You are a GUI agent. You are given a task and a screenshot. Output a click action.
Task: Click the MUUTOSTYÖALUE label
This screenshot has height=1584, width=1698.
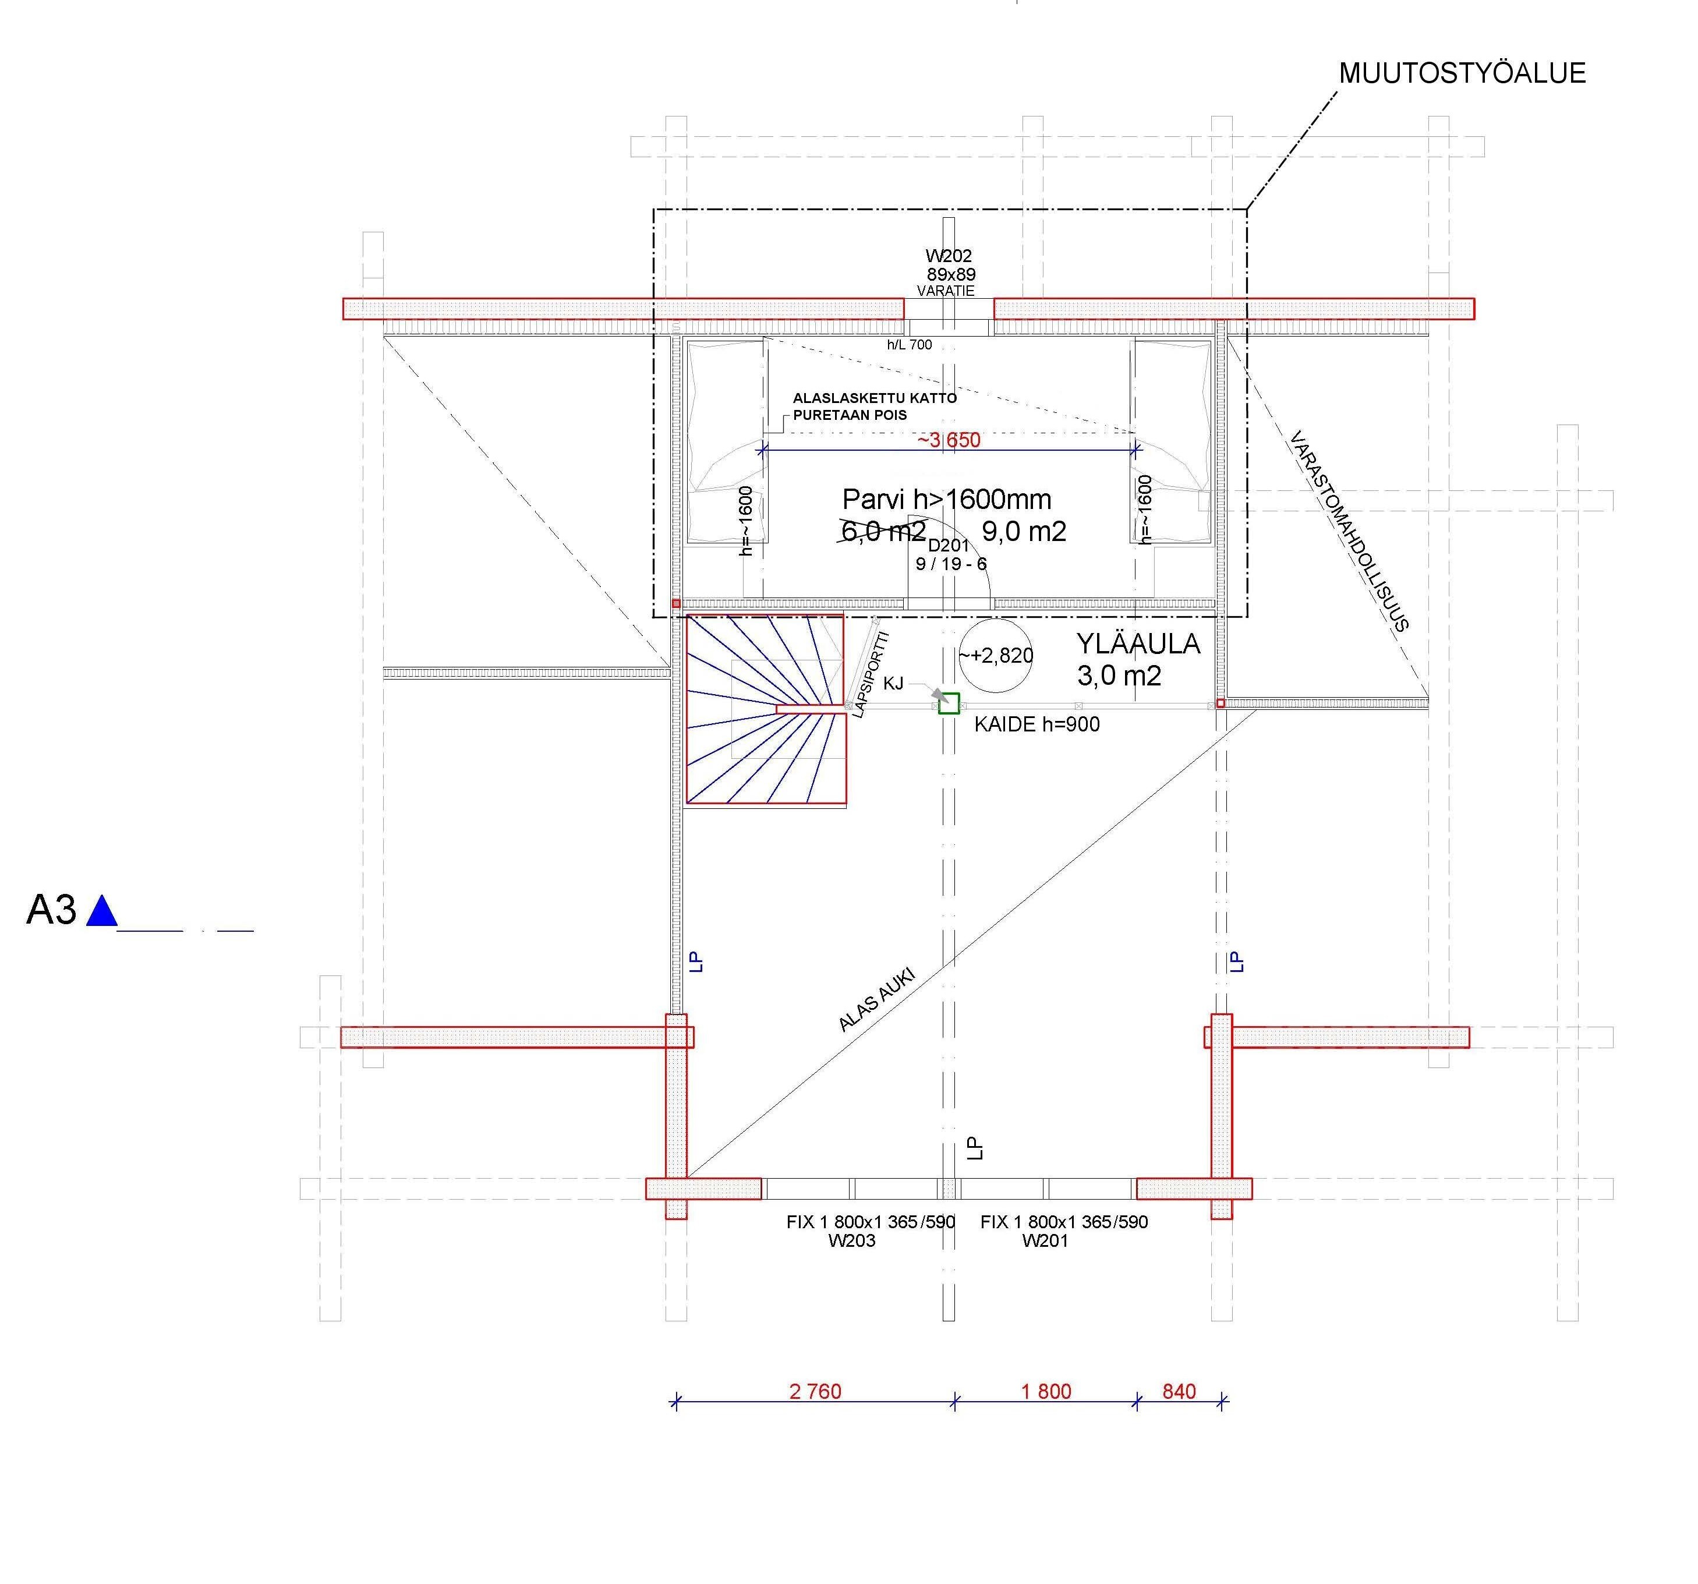coord(1462,73)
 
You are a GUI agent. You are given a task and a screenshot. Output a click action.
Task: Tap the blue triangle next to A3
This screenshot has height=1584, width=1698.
coord(102,911)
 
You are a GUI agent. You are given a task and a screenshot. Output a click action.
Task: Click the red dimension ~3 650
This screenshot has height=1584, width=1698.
coord(949,440)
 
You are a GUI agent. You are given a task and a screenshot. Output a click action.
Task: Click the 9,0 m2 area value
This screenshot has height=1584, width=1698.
coord(1024,532)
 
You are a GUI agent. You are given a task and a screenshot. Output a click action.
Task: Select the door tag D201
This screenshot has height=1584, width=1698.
coord(949,545)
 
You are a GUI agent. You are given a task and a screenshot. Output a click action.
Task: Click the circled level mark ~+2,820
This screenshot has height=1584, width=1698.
coord(996,655)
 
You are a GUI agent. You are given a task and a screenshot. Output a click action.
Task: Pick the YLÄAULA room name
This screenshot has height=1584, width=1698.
coord(1138,643)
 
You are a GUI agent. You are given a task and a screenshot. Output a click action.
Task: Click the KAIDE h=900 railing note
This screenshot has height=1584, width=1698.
coord(1037,724)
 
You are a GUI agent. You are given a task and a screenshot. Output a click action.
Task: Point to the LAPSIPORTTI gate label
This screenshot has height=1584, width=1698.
coord(871,674)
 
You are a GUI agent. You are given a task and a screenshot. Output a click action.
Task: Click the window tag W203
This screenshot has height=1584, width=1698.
coord(851,1240)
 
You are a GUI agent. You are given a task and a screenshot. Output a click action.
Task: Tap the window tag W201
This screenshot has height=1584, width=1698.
coord(1045,1240)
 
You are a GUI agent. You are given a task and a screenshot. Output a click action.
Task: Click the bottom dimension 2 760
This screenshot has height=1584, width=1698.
coord(816,1392)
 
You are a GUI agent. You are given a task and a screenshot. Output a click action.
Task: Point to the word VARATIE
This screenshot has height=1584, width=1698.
coord(946,291)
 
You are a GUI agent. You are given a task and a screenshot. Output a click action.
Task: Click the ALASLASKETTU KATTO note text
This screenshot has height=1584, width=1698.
coord(875,398)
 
